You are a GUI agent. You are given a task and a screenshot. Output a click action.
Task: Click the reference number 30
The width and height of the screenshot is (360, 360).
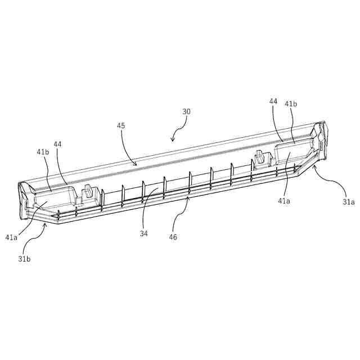(186, 111)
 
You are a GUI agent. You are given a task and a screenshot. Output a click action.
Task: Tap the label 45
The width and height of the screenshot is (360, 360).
(121, 127)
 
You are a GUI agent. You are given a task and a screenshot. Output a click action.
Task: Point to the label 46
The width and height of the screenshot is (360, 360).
(173, 237)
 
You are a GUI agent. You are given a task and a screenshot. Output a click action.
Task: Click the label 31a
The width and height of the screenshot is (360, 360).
(349, 201)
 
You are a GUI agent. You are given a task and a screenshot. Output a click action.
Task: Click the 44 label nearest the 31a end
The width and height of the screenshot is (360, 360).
(273, 101)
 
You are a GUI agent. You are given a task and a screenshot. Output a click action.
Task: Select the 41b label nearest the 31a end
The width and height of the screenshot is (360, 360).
(291, 104)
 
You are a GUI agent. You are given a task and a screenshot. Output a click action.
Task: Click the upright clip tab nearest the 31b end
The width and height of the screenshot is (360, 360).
(88, 194)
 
